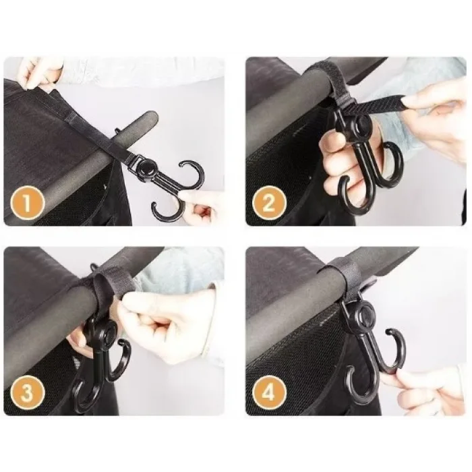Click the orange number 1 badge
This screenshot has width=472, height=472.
[28, 202]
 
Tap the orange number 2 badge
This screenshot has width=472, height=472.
[269, 202]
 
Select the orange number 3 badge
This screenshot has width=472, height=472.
[28, 392]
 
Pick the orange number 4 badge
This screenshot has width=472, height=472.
[269, 392]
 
